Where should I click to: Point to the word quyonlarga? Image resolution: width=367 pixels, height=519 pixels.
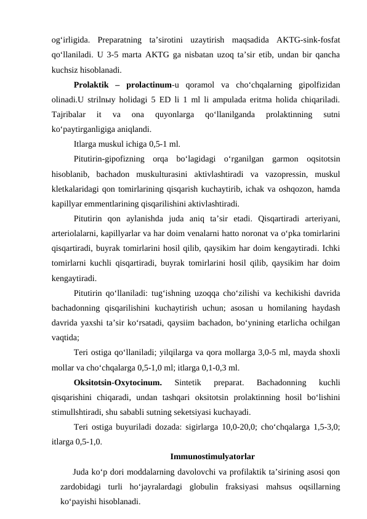[179, 114]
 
